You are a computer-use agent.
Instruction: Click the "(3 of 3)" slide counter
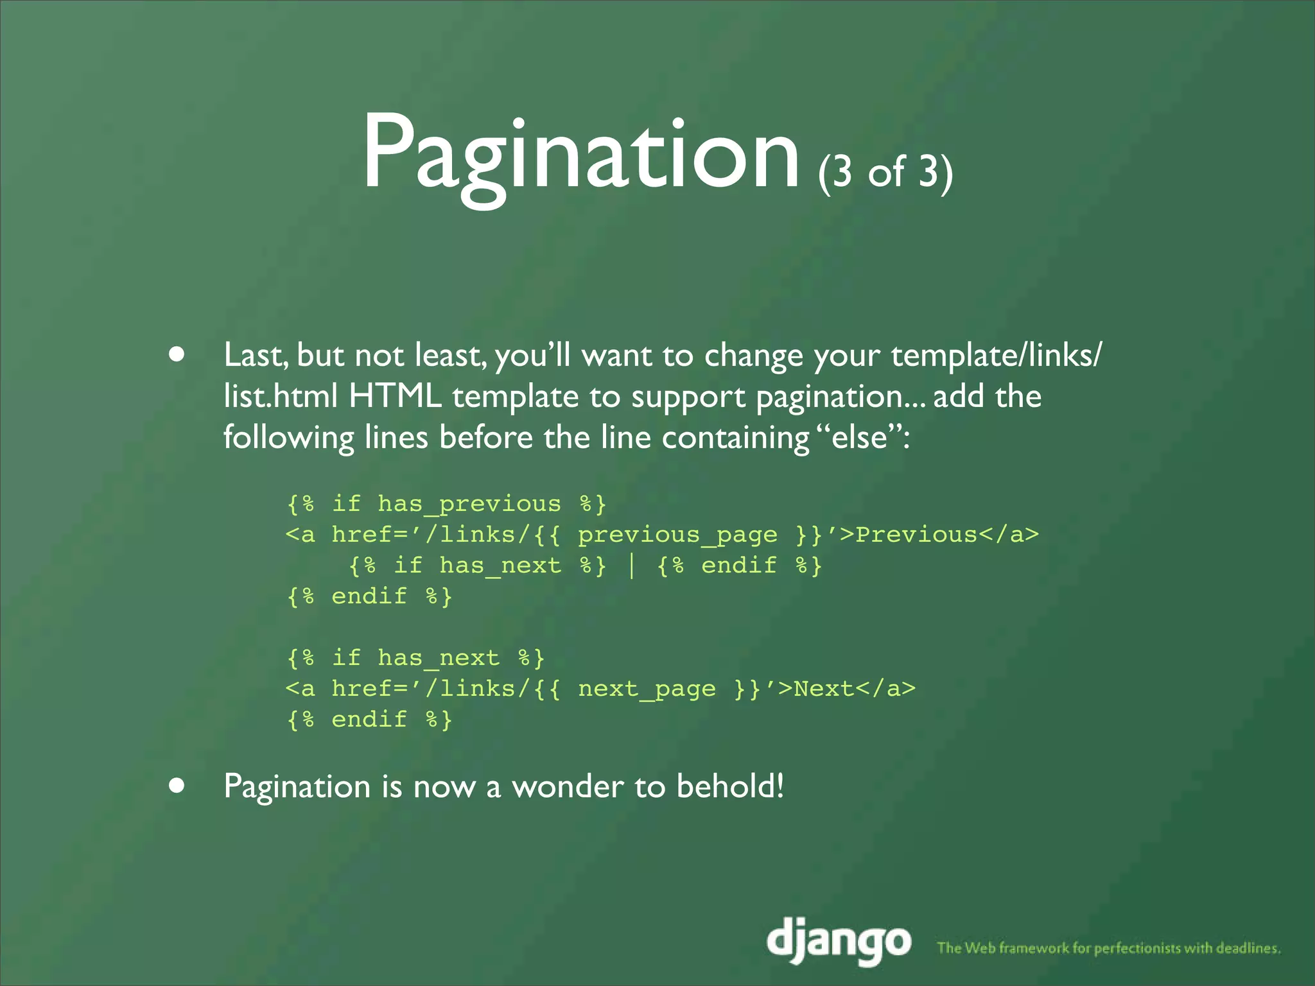(x=885, y=172)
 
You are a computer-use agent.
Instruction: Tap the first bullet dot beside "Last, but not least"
(x=177, y=354)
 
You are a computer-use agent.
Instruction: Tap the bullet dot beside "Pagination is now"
(x=177, y=786)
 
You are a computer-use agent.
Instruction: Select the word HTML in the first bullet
(x=395, y=396)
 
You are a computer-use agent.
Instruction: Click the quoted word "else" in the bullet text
(x=858, y=437)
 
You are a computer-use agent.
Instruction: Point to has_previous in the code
(x=469, y=504)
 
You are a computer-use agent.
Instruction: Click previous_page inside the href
(x=677, y=535)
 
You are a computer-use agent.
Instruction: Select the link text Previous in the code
(x=916, y=535)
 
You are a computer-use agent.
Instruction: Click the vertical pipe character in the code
(x=632, y=566)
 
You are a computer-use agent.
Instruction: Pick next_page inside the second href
(x=647, y=689)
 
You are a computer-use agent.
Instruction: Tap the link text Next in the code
(x=824, y=689)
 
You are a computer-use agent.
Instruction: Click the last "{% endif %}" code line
(x=369, y=720)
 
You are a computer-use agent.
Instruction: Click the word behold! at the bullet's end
(x=730, y=786)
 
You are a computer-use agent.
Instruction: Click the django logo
(x=839, y=941)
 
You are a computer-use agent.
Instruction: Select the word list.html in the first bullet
(x=281, y=396)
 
